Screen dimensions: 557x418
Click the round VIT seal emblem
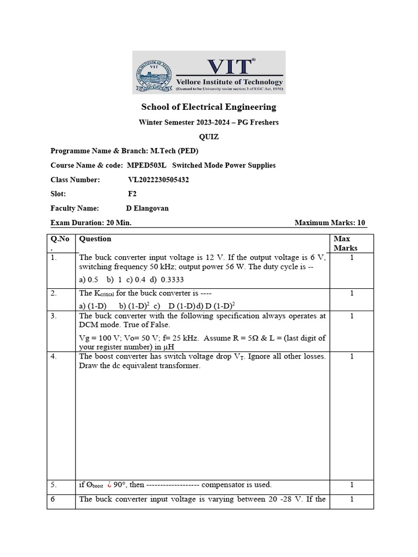point(153,72)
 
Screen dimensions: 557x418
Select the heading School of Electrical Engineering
point(208,107)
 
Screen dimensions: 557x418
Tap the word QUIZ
point(209,137)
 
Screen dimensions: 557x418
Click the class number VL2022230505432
point(158,180)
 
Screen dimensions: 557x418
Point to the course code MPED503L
point(146,165)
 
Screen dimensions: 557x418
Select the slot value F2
point(132,194)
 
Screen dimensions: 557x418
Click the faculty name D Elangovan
point(147,208)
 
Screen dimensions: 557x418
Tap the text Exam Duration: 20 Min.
point(91,222)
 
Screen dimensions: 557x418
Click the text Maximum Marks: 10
point(330,222)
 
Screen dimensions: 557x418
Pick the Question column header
point(95,239)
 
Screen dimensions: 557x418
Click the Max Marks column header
point(346,243)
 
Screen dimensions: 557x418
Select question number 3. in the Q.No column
point(54,315)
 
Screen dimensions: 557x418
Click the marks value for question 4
point(352,356)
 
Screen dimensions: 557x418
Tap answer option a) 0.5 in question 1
point(89,279)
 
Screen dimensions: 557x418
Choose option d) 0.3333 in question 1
point(155,279)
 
